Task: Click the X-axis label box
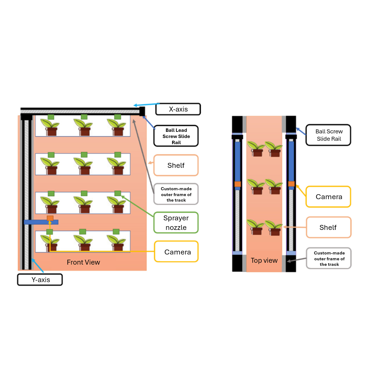[178, 109]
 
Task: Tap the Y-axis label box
[40, 280]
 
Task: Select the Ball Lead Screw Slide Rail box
[176, 136]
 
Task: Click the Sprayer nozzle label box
[176, 223]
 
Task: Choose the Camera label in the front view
[176, 252]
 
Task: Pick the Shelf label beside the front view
[176, 165]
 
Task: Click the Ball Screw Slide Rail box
[329, 135]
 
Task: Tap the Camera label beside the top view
[328, 197]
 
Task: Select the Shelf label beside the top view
[328, 227]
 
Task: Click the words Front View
[83, 262]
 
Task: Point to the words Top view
[264, 261]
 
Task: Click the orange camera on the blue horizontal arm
[50, 218]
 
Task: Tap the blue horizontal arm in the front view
[37, 222]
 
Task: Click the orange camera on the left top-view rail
[238, 184]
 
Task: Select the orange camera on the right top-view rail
[291, 184]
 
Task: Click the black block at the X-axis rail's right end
[142, 111]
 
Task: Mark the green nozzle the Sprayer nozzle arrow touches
[118, 193]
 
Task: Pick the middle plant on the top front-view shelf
[84, 127]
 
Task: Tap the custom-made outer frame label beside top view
[329, 258]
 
